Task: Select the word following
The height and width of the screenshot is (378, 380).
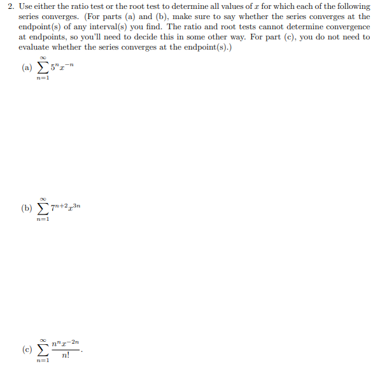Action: pyautogui.click(x=353, y=6)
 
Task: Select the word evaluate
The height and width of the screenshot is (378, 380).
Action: pyautogui.click(x=32, y=47)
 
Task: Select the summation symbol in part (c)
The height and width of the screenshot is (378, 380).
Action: pyautogui.click(x=43, y=349)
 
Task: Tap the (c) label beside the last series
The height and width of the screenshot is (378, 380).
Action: pyautogui.click(x=27, y=349)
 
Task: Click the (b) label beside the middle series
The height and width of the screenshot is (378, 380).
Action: pyautogui.click(x=27, y=208)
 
